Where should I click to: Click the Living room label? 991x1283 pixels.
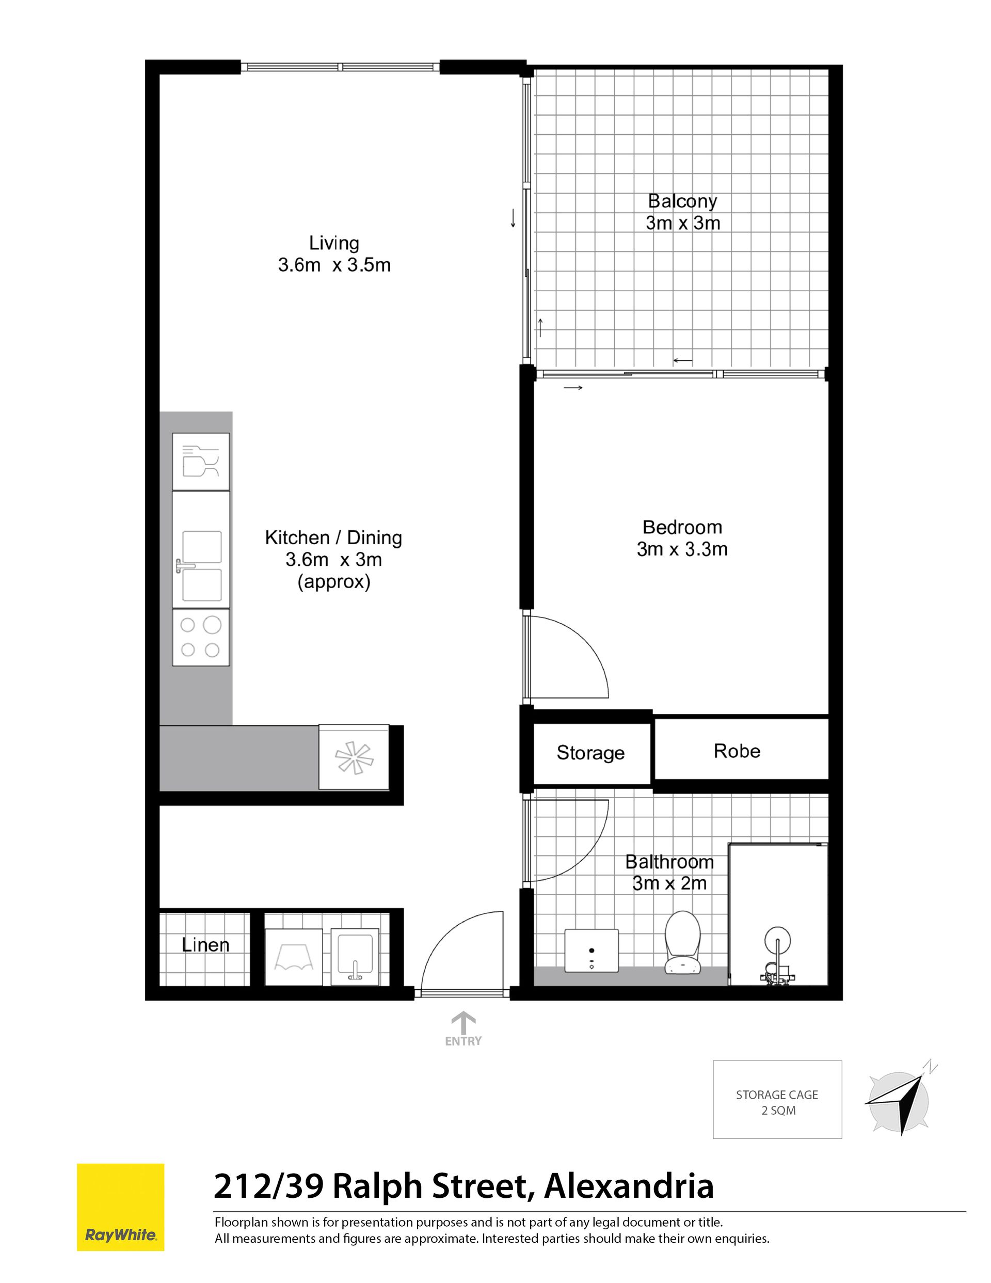click(x=333, y=243)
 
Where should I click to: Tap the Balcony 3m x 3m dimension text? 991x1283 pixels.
click(x=682, y=223)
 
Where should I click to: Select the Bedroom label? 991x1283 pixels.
click(x=682, y=527)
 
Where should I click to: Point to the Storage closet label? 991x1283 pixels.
click(x=590, y=753)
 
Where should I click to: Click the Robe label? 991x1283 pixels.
click(x=737, y=751)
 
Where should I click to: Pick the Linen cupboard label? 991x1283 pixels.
click(x=205, y=945)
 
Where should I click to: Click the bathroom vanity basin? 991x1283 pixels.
click(x=592, y=950)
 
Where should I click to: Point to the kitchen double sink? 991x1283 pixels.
click(x=200, y=549)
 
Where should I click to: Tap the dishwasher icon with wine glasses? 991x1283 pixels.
click(x=200, y=461)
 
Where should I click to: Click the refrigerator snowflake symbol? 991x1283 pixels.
click(x=354, y=757)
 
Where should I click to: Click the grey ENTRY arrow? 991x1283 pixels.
click(x=463, y=1023)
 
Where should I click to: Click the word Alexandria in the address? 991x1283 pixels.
click(x=629, y=1186)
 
